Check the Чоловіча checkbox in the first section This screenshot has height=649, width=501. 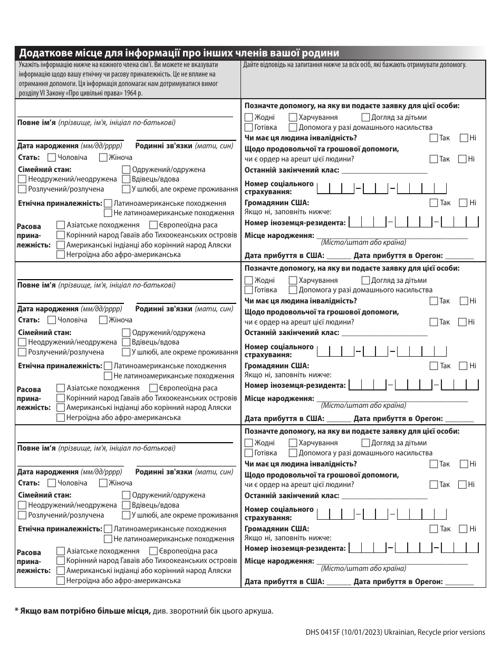pyautogui.click(x=52, y=157)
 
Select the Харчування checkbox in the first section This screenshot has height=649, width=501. pyautogui.click(x=293, y=118)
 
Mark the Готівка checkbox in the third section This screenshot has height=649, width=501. pyautogui.click(x=249, y=453)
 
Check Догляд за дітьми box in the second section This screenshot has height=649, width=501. pyautogui.click(x=366, y=280)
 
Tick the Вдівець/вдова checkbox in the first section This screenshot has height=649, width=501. pyautogui.click(x=126, y=179)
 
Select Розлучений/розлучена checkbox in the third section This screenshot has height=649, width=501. pyautogui.click(x=22, y=515)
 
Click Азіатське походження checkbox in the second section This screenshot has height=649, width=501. pyautogui.click(x=61, y=388)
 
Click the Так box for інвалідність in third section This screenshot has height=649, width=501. pyautogui.click(x=433, y=464)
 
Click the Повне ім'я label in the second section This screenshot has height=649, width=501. pyautogui.click(x=36, y=285)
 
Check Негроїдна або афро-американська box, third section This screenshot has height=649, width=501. pyautogui.click(x=61, y=580)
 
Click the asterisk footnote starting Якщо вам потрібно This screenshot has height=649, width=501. pyautogui.click(x=144, y=611)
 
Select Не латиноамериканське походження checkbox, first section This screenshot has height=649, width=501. pyautogui.click(x=109, y=213)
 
